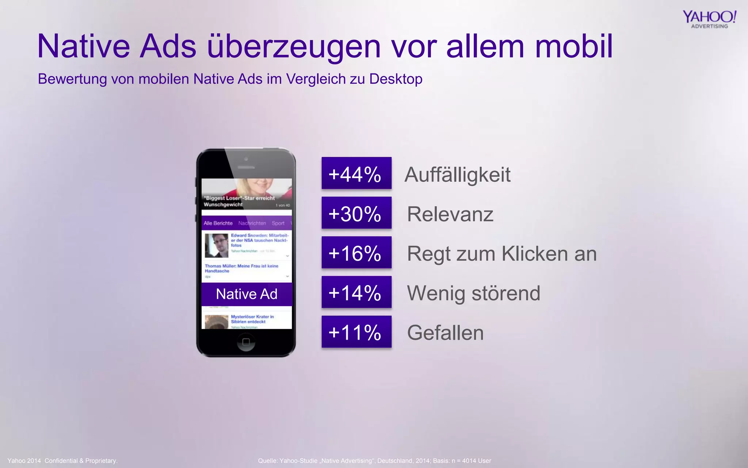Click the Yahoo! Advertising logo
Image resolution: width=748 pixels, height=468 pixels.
(x=709, y=19)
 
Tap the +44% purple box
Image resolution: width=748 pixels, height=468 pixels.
(x=356, y=173)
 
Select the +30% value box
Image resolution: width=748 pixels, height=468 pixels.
(x=356, y=213)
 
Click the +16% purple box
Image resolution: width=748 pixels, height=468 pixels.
(x=356, y=253)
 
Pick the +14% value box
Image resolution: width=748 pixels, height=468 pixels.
(x=356, y=292)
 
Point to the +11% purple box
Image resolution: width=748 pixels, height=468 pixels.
(x=356, y=332)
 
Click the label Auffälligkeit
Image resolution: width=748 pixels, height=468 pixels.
(x=457, y=175)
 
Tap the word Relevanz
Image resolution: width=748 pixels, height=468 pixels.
(x=450, y=214)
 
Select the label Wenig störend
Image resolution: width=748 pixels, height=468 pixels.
(x=473, y=293)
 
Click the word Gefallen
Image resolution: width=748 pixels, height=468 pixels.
(x=445, y=333)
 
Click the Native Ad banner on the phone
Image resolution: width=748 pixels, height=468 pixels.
(x=247, y=294)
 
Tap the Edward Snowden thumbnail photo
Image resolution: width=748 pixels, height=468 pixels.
(x=216, y=245)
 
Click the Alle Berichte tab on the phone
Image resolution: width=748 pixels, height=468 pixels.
(x=218, y=223)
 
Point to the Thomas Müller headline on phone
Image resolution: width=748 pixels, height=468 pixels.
(x=241, y=268)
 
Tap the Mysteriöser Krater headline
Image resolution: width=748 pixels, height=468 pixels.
(x=252, y=319)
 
